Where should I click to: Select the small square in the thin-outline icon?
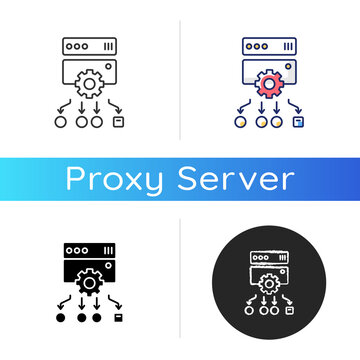click(119, 123)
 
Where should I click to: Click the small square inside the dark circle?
click(288, 309)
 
